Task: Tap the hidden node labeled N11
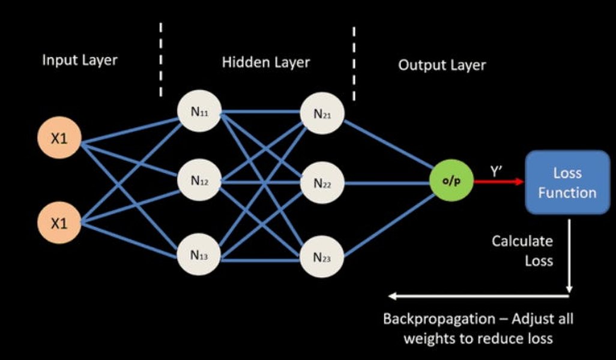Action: [x=199, y=112]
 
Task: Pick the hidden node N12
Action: [x=199, y=179]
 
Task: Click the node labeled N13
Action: [x=199, y=255]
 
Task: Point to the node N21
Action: [x=322, y=114]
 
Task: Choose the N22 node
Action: [x=322, y=184]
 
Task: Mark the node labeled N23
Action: [x=322, y=258]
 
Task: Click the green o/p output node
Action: [x=451, y=181]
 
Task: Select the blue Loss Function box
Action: [x=567, y=182]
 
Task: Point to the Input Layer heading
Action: [x=80, y=61]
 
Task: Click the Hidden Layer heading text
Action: [x=266, y=62]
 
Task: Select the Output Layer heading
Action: [x=442, y=65]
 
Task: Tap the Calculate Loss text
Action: [x=522, y=251]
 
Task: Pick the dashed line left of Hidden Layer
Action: [x=161, y=60]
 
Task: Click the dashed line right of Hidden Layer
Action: [x=354, y=64]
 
